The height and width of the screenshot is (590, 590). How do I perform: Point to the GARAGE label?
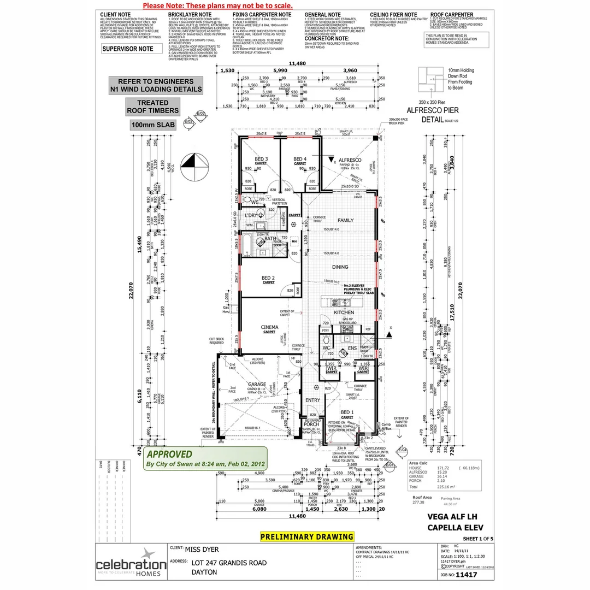click(257, 384)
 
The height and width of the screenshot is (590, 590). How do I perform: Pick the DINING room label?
click(340, 267)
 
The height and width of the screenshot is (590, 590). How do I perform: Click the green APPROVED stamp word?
click(169, 454)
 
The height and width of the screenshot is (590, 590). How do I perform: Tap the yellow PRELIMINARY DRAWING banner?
click(307, 536)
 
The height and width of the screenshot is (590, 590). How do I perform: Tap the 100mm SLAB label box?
click(152, 125)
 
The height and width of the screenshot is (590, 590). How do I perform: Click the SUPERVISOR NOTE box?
click(132, 49)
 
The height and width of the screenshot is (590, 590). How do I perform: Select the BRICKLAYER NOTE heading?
click(190, 15)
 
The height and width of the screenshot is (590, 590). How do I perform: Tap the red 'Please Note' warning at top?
click(217, 5)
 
